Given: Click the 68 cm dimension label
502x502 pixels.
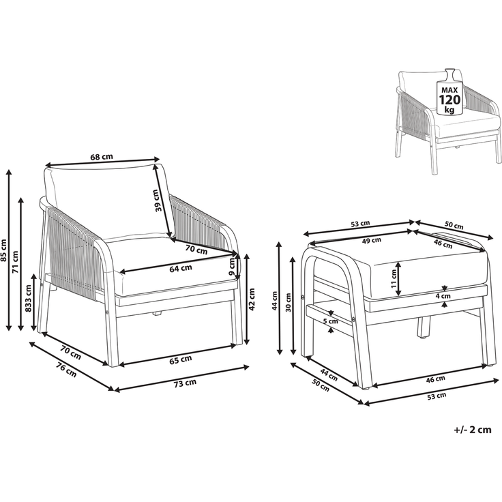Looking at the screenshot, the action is tap(102, 157).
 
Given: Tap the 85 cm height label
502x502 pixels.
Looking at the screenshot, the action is tap(4, 250).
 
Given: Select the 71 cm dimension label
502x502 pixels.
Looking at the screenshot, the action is tap(15, 262).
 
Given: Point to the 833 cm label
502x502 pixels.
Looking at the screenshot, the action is tap(28, 298).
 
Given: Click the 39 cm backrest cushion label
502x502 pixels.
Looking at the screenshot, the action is tap(156, 201).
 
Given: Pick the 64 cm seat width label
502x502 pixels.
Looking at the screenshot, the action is tap(181, 268).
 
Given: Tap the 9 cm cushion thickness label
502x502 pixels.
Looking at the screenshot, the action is tap(233, 267).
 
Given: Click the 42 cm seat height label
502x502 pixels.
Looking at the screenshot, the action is tap(252, 299).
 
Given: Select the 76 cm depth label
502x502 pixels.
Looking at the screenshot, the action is tap(67, 370).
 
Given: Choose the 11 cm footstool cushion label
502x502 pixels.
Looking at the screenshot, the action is tap(394, 278).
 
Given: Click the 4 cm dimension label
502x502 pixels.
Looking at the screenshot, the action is tap(443, 296).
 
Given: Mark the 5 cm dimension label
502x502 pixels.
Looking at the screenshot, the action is tap(330, 321).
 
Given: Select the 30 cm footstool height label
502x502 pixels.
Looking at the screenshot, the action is tap(288, 303).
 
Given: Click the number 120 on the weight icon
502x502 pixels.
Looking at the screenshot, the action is tap(449, 100).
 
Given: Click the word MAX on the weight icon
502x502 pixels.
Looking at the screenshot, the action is tap(449, 90).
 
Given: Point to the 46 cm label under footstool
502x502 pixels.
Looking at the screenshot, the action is tap(436, 379).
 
